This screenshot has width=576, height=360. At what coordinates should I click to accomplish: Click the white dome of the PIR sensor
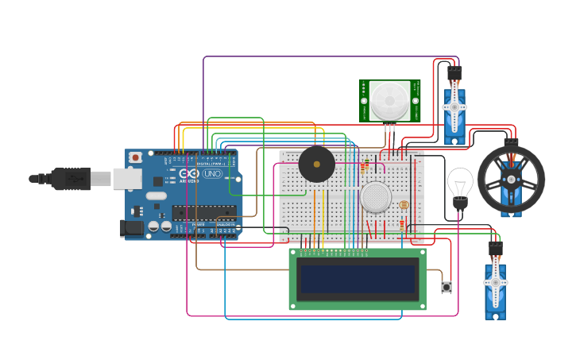[x=389, y=99]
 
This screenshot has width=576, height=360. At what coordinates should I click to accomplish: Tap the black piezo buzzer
[x=316, y=165]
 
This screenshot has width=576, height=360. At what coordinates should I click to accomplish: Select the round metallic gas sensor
[x=376, y=196]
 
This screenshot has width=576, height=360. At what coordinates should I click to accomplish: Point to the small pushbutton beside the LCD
[x=446, y=286]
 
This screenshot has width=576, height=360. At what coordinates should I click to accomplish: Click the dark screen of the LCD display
[x=358, y=279]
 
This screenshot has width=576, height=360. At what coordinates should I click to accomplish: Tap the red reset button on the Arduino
[x=136, y=157]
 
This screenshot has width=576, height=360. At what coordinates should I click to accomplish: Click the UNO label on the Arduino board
[x=212, y=173]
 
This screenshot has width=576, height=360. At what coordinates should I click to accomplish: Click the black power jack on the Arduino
[x=132, y=228]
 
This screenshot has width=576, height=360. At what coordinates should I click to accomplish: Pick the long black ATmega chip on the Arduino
[x=204, y=212]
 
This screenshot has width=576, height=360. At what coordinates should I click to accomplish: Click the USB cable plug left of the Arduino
[x=72, y=179]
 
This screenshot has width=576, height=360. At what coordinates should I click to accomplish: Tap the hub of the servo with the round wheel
[x=511, y=178]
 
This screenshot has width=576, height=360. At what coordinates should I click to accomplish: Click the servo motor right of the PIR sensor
[x=454, y=111]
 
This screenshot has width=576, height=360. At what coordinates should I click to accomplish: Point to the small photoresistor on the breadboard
[x=403, y=205]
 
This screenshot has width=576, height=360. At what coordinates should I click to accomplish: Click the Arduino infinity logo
[x=189, y=173]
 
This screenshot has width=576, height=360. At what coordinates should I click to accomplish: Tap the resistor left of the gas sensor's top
[x=365, y=167]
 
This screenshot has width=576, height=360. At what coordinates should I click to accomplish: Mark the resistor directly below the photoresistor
[x=402, y=226]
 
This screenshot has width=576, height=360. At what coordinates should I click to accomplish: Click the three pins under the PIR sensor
[x=389, y=127]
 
